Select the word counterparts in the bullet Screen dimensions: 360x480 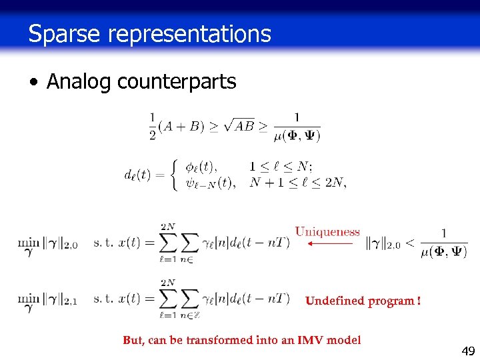176,82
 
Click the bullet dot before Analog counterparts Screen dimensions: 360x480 33,83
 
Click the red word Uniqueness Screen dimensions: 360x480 327,232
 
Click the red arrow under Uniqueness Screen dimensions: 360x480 329,244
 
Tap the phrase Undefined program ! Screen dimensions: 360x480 363,301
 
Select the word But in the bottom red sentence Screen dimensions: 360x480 133,340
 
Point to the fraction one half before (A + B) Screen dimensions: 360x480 153,127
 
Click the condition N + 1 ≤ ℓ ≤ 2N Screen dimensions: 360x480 297,183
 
